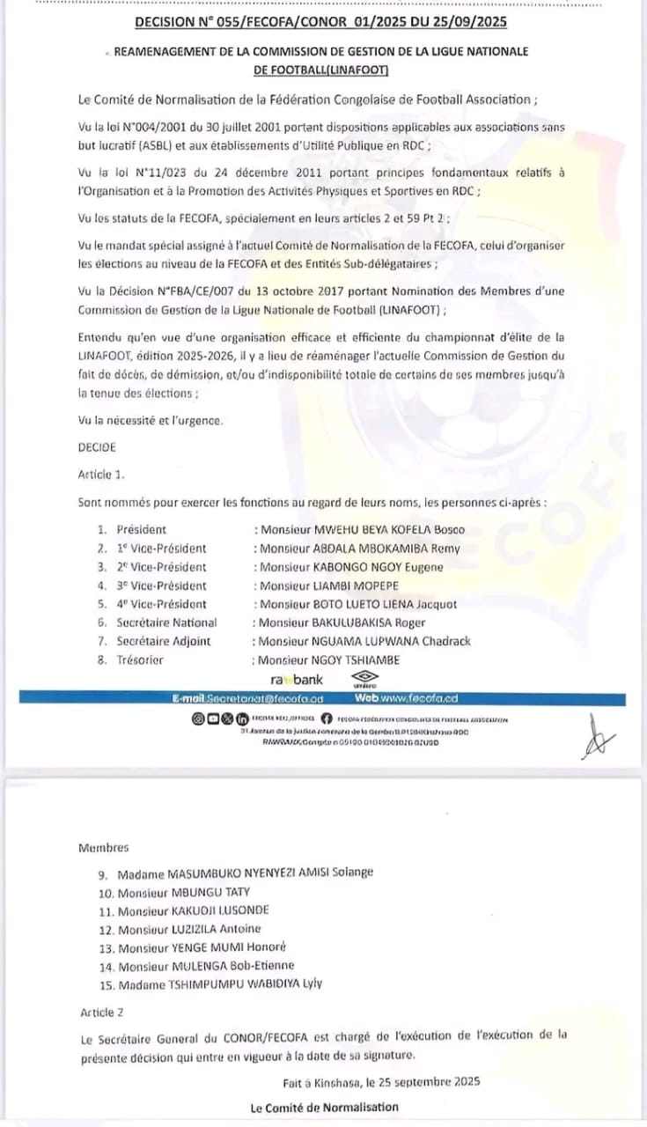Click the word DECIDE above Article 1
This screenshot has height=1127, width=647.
[x=97, y=447]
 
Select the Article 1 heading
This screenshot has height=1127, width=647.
[x=102, y=475]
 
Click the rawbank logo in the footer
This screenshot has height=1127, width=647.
[x=296, y=680]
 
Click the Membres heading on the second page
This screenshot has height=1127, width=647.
[x=103, y=848]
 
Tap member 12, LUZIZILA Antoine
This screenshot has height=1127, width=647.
[x=189, y=929]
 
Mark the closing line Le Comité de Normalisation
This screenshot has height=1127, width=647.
[x=324, y=1107]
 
